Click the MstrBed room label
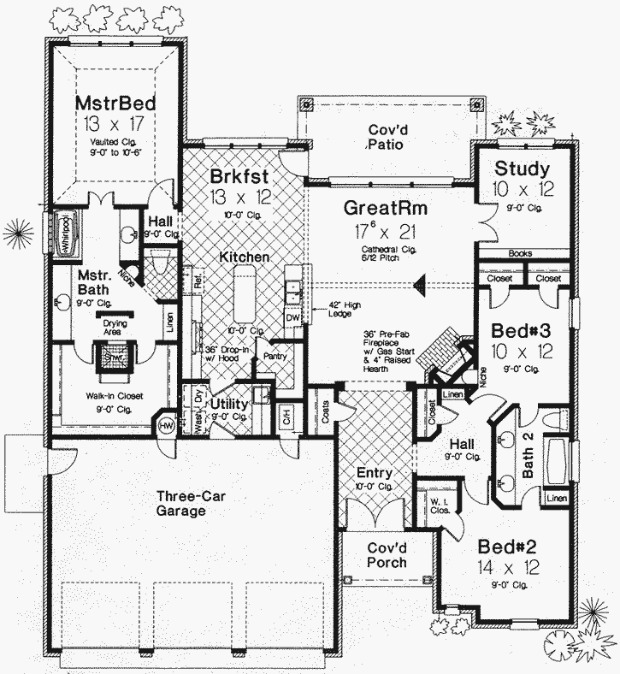click(x=114, y=103)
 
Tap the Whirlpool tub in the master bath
click(x=65, y=233)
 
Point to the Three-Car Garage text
click(x=180, y=503)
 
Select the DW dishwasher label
click(x=292, y=316)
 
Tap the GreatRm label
click(x=385, y=208)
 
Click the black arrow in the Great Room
click(x=419, y=287)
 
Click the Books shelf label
click(x=520, y=253)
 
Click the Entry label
click(x=374, y=473)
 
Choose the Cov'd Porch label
click(x=387, y=555)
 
